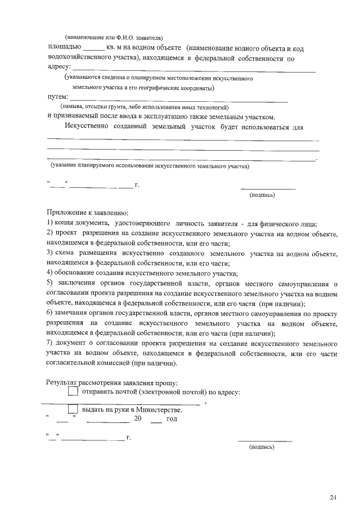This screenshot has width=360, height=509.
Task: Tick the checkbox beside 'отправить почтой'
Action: (x=73, y=391)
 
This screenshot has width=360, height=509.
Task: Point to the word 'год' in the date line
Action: (x=172, y=419)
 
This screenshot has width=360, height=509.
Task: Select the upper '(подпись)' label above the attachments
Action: (x=262, y=195)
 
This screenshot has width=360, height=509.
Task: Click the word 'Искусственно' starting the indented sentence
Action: (x=85, y=127)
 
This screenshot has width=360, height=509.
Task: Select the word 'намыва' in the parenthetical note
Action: (x=74, y=107)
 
